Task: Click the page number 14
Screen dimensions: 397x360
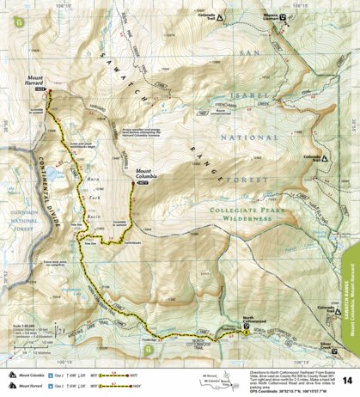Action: [x=346, y=379]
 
